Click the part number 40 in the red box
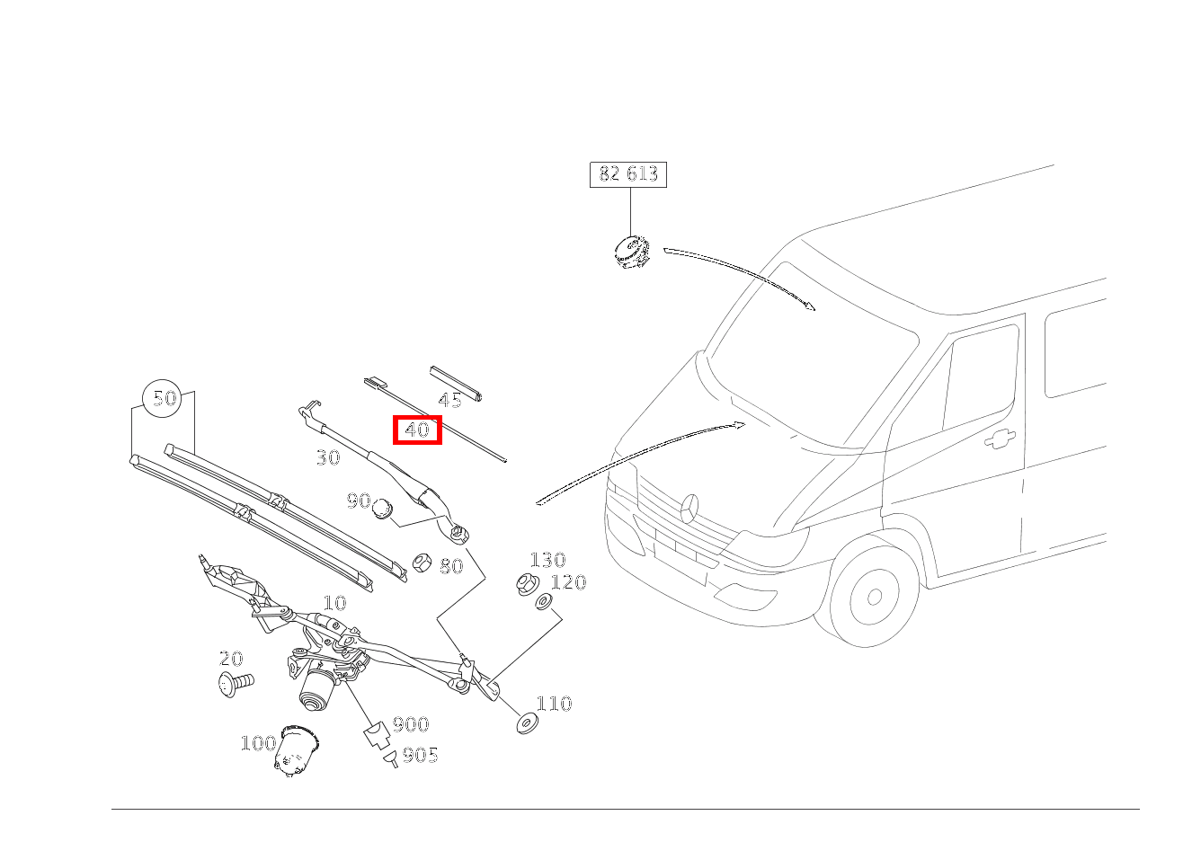tap(417, 430)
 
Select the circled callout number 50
tap(164, 397)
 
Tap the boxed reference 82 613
tap(628, 173)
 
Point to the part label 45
tap(449, 401)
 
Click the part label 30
tap(328, 457)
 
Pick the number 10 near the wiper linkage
tap(334, 603)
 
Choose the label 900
tap(410, 724)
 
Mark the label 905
tap(420, 755)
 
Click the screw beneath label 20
tap(236, 684)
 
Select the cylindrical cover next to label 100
tap(298, 750)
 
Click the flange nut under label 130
tap(526, 585)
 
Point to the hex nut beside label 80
tap(421, 563)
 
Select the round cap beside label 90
tap(384, 509)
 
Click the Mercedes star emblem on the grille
tap(689, 509)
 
